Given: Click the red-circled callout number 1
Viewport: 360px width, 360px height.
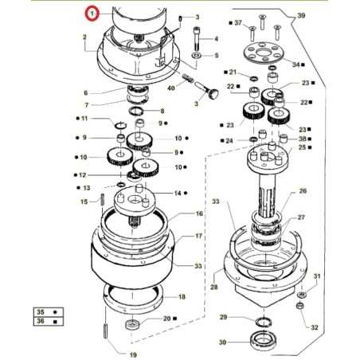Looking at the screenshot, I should [94, 14].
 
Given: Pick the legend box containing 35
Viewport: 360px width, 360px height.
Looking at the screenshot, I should [39, 313].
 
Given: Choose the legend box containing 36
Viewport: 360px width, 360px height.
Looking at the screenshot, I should [39, 323].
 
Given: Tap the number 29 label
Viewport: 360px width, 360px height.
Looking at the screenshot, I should [224, 318].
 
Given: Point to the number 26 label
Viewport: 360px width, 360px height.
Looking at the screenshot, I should [302, 191].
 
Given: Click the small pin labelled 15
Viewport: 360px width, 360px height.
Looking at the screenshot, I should [104, 199].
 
